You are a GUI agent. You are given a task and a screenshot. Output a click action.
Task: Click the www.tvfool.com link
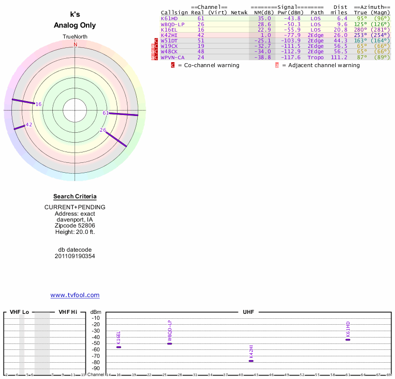[75, 295]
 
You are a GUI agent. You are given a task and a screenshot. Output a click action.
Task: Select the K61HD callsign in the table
[169, 18]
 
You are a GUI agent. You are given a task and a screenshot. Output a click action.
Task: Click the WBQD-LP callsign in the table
[173, 24]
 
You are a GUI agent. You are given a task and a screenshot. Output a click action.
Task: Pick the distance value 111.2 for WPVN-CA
[339, 57]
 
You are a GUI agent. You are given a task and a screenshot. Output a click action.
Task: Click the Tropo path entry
[316, 57]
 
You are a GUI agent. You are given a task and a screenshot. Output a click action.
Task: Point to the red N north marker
[76, 44]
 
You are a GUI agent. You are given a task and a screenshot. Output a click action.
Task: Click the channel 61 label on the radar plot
[106, 113]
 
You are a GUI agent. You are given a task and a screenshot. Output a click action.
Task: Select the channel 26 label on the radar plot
[103, 130]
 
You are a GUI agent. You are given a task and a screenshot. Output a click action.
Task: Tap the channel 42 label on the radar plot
[29, 124]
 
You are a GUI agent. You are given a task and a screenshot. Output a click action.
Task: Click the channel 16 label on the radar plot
[39, 104]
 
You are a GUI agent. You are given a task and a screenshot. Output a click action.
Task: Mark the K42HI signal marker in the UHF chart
[251, 361]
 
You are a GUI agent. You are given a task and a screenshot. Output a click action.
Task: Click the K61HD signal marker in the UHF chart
[348, 340]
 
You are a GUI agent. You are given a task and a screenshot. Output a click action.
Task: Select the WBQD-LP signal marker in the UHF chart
[169, 343]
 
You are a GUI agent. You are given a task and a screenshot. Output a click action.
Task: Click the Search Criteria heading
[75, 196]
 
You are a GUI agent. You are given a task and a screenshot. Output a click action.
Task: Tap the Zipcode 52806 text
[75, 226]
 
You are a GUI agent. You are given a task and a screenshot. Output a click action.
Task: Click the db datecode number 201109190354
[75, 256]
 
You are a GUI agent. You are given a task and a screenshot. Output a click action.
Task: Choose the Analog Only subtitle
[75, 25]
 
